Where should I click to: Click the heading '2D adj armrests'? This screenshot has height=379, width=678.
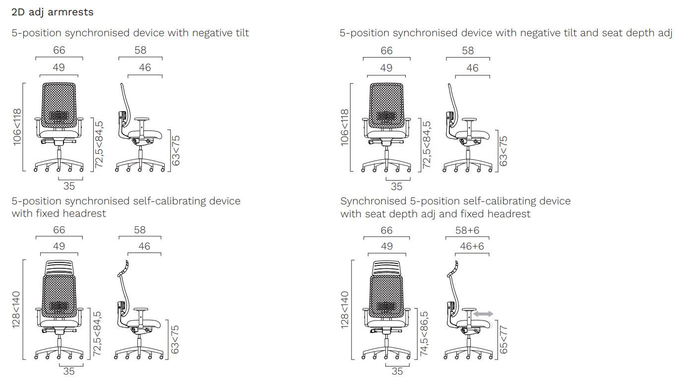click(52, 12)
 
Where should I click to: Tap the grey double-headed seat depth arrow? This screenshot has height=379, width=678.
click(483, 314)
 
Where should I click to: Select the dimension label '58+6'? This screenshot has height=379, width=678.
click(467, 230)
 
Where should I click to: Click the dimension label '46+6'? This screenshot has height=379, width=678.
click(472, 247)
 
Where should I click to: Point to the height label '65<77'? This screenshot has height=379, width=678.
click(504, 340)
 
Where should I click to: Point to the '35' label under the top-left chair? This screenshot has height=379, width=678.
click(69, 187)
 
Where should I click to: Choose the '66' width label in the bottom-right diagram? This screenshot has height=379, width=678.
click(386, 230)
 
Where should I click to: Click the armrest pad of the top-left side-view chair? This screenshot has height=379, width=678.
click(142, 120)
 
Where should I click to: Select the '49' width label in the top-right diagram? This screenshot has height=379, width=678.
click(386, 68)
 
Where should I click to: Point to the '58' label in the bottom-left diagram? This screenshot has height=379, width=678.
click(140, 230)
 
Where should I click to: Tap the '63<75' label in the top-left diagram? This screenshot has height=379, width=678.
click(176, 150)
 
